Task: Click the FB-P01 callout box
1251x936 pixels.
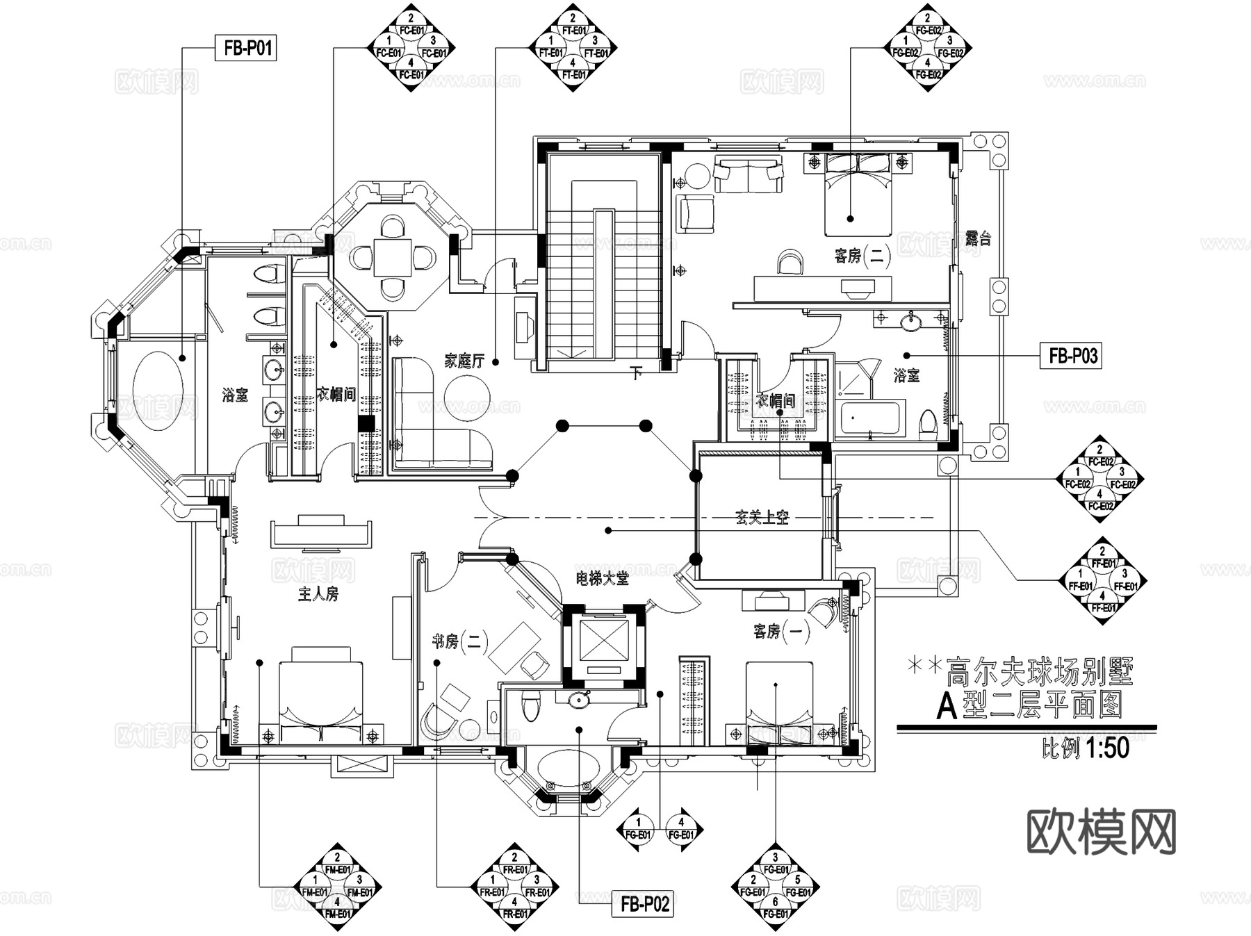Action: pyautogui.click(x=246, y=48)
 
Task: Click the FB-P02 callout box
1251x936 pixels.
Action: pyautogui.click(x=644, y=903)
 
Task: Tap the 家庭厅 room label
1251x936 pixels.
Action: pyautogui.click(x=464, y=361)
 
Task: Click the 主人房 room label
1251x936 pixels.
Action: pyautogui.click(x=318, y=594)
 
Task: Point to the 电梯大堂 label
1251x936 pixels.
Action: pyautogui.click(x=601, y=578)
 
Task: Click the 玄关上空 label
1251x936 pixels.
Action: pyautogui.click(x=762, y=518)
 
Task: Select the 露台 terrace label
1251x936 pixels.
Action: pyautogui.click(x=978, y=239)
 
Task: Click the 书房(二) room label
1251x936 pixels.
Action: pyautogui.click(x=459, y=641)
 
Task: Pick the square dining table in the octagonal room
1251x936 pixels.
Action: pyautogui.click(x=394, y=258)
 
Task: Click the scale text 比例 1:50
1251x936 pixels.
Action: pyautogui.click(x=1085, y=748)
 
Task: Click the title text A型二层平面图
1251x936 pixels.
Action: pyautogui.click(x=1029, y=707)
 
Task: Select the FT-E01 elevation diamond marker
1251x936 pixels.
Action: pyautogui.click(x=573, y=47)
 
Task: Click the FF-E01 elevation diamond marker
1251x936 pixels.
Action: pyautogui.click(x=1102, y=580)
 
